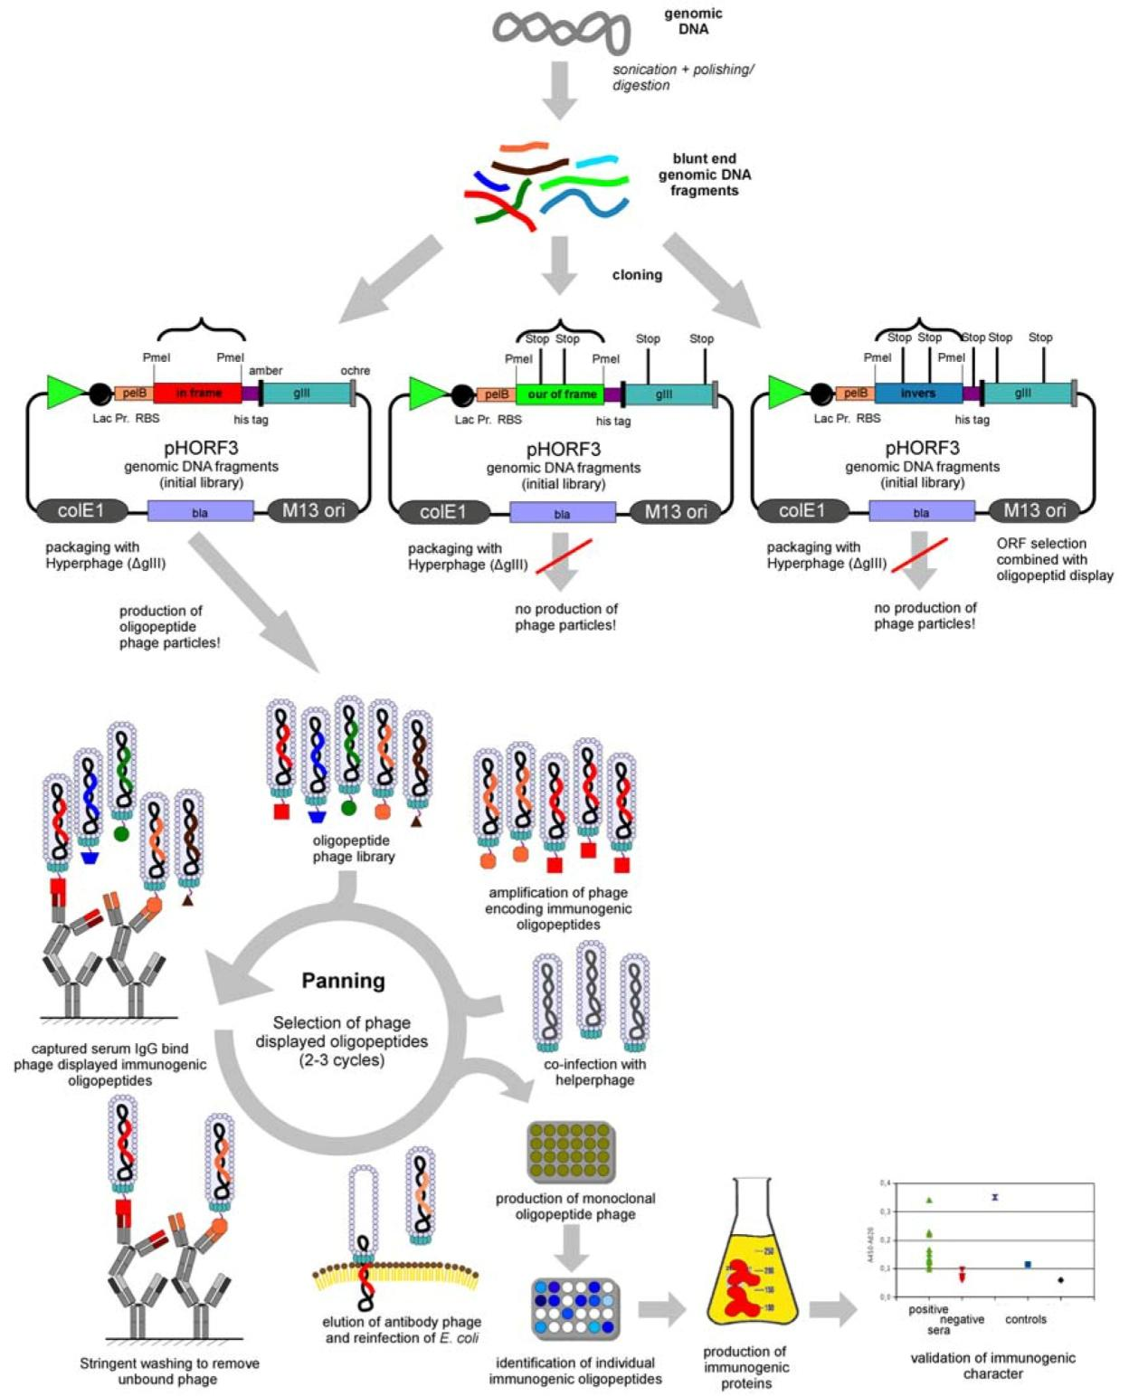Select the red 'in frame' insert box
coord(197,394)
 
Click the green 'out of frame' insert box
coord(560,394)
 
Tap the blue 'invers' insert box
coord(917,394)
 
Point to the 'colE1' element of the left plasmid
coord(81,511)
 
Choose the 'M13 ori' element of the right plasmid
coord(1034,511)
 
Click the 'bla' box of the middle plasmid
coord(562,514)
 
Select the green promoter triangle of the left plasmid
coord(63,392)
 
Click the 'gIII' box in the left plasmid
coord(301,394)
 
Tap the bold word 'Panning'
coord(343,981)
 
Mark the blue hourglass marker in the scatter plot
coord(995,1197)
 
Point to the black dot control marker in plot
coord(1060,1280)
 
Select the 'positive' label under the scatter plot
coord(928,1309)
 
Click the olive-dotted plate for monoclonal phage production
coord(571,1152)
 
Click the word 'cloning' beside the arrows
coord(637,275)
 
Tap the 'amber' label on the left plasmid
coord(266,371)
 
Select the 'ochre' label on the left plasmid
coord(355,371)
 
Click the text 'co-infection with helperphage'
coord(594,1072)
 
